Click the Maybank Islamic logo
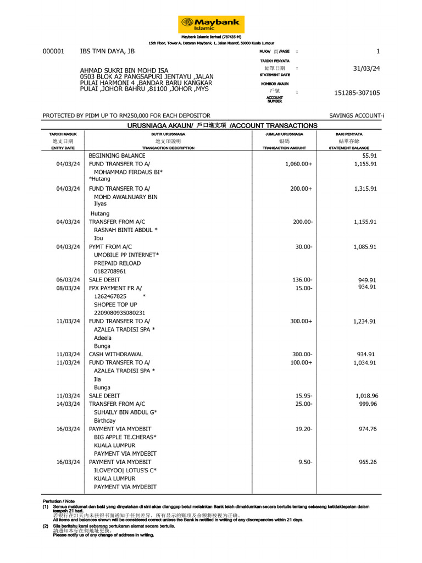211,24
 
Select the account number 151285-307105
357,93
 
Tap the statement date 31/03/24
367,69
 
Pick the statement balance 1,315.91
365,189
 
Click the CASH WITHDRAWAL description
116,354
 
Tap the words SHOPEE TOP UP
115,305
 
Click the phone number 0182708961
110,271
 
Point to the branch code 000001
53,51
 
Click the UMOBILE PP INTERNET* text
126,255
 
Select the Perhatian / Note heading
58,501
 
